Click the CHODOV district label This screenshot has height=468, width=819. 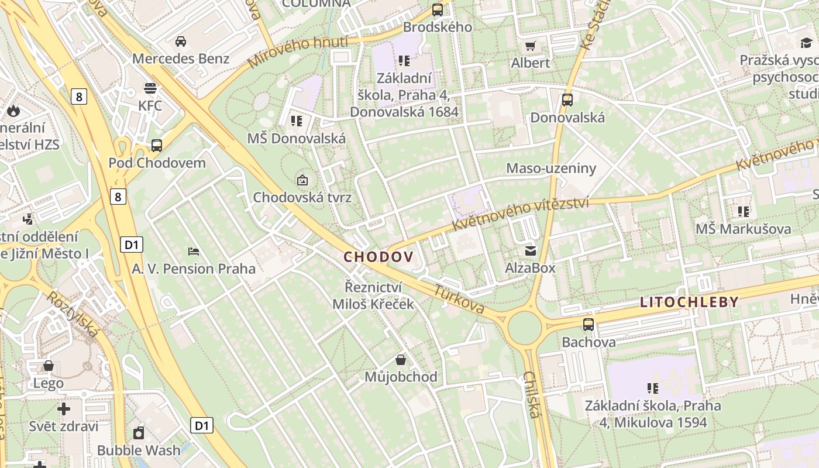(378, 257)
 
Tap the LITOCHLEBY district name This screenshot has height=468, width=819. (689, 302)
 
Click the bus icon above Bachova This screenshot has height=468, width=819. (589, 324)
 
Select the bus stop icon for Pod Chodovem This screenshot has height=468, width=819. (157, 145)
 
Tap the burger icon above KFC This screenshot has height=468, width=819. (150, 88)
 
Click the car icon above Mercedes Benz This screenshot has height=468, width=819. (181, 42)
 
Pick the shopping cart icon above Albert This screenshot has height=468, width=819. (531, 46)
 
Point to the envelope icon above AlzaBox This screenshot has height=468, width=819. (531, 251)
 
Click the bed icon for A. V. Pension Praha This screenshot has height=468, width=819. (194, 252)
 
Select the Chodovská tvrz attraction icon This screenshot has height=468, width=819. (302, 180)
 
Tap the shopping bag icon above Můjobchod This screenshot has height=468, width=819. (401, 359)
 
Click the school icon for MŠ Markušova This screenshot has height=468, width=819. (743, 211)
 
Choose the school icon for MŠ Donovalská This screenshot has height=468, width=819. (297, 121)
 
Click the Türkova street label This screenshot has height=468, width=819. (459, 299)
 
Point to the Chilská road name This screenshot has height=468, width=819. (531, 394)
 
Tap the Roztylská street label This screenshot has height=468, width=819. (73, 314)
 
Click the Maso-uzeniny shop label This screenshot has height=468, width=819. (551, 168)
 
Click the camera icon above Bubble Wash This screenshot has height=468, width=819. (139, 433)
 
